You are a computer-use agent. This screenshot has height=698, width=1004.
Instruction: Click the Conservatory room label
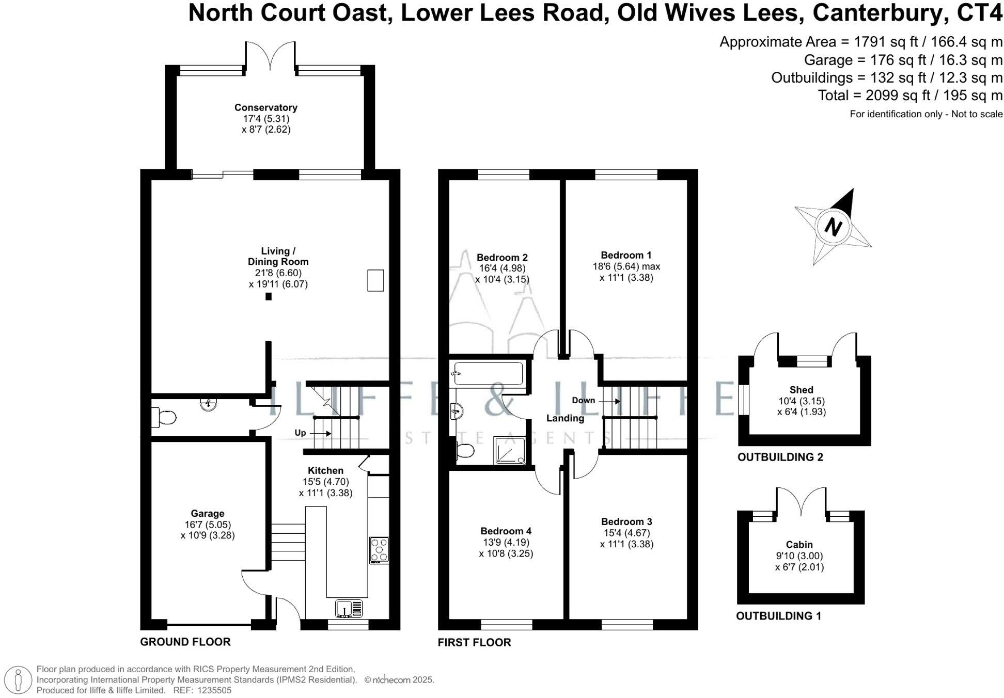click(265, 108)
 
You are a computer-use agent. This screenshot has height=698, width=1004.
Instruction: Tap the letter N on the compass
click(833, 227)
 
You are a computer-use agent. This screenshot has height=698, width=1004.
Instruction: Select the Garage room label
click(207, 514)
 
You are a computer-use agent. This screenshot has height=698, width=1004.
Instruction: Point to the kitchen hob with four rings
click(379, 550)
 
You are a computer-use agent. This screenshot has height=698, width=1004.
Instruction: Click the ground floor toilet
click(164, 417)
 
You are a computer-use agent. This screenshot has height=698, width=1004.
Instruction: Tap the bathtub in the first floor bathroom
click(487, 373)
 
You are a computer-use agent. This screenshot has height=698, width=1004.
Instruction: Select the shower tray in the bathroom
click(510, 450)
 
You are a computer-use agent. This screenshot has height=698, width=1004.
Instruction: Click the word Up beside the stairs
click(300, 433)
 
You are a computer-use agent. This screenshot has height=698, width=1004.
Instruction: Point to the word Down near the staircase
click(583, 401)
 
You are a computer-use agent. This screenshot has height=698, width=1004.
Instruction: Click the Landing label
click(565, 418)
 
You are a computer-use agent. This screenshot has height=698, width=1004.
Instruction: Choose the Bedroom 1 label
click(626, 255)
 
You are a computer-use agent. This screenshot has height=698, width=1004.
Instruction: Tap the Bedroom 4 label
click(506, 531)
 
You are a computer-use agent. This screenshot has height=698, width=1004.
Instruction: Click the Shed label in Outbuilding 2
click(801, 390)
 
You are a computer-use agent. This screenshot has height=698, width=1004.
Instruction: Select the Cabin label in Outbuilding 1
click(799, 545)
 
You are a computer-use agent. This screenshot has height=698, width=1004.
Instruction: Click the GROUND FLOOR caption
click(185, 642)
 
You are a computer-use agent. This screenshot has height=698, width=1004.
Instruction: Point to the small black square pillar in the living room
click(269, 296)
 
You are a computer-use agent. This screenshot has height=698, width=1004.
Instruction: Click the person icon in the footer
click(18, 679)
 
